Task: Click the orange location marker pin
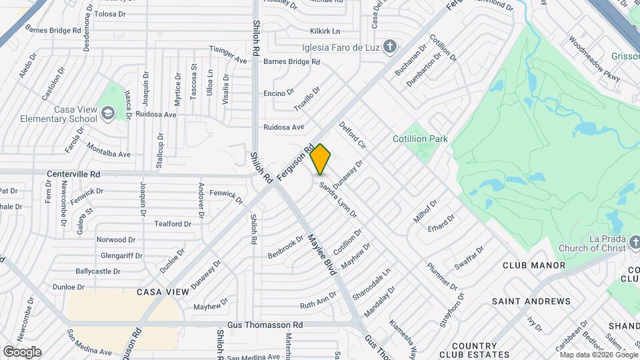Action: [321, 159]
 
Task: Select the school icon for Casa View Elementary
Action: [107, 114]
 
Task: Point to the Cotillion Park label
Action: [420, 139]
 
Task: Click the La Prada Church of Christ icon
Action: [634, 241]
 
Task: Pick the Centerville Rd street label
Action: [73, 174]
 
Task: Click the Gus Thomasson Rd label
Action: [265, 325]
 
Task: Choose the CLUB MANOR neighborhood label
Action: [534, 265]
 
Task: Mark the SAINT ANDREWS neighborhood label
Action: [531, 301]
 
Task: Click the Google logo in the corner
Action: [22, 351]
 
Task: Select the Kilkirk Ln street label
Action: [325, 31]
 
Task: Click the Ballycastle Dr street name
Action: [98, 271]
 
